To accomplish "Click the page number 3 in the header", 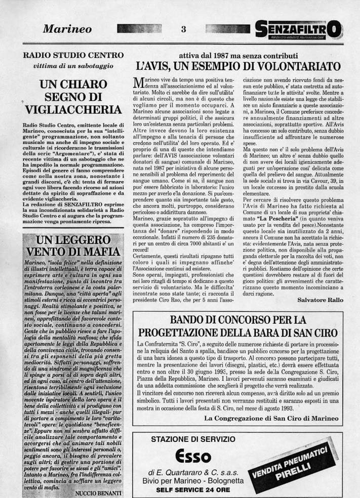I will [184, 29].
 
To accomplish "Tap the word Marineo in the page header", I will [67, 29].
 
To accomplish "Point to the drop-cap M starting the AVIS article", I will [138, 84].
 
